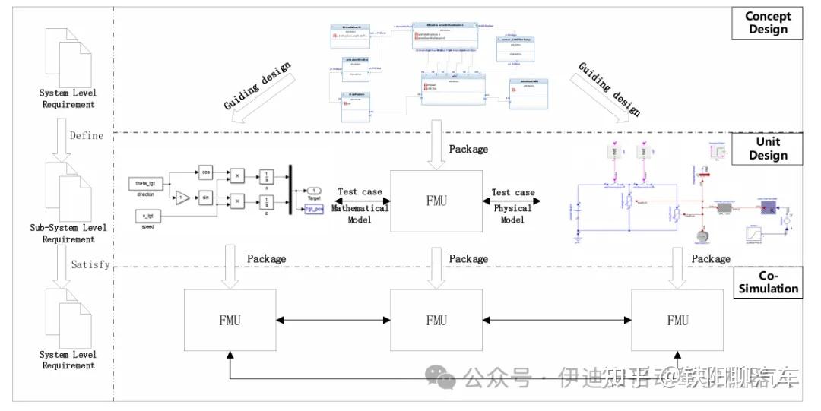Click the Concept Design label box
[767, 23]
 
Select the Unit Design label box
[767, 148]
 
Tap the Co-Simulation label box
[769, 281]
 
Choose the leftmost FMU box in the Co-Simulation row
[229, 320]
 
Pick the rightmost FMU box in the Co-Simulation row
[677, 320]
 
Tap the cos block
[204, 171]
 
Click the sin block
[204, 198]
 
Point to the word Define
[86, 136]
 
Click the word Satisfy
[90, 265]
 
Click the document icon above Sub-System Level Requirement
[68, 191]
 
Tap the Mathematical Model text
[360, 213]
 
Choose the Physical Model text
[512, 213]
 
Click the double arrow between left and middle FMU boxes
[331, 320]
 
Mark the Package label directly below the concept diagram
[468, 150]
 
